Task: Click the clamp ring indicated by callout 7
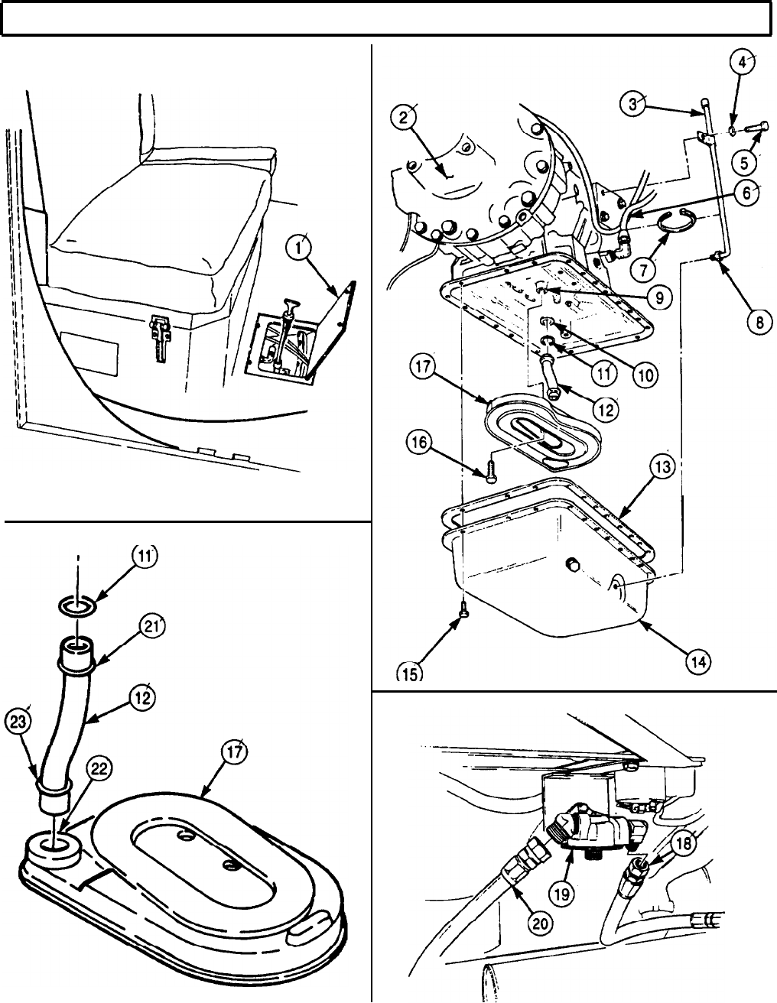[675, 219]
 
